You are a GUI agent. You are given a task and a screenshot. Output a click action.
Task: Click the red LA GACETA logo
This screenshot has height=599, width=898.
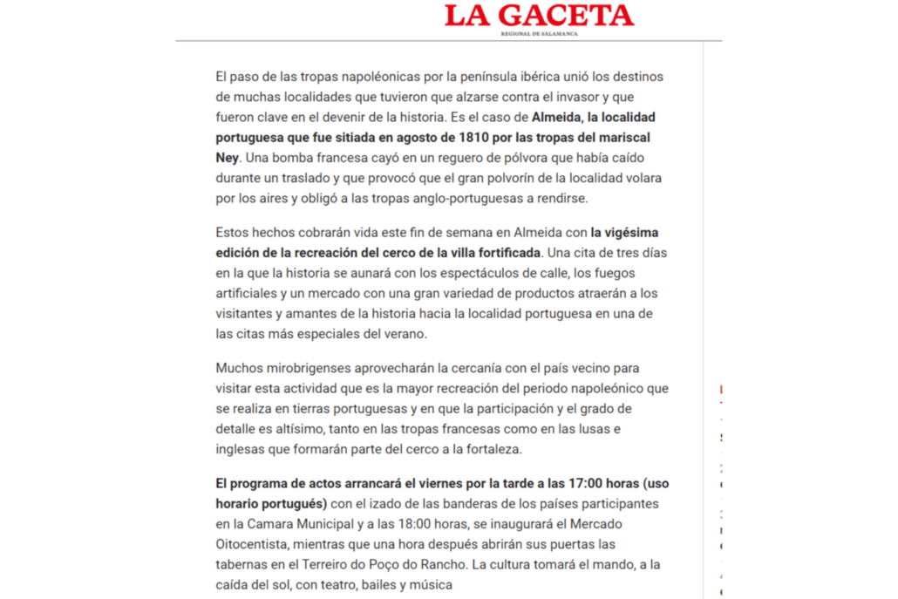pos(539,15)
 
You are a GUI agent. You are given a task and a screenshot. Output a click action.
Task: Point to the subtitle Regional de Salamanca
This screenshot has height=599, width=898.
pos(539,34)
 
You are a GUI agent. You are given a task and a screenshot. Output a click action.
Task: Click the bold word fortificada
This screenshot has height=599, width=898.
pos(503,253)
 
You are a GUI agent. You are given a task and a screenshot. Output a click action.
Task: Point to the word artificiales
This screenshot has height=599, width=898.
pos(248,293)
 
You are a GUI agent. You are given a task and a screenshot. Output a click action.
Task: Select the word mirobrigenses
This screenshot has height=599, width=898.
pos(301,368)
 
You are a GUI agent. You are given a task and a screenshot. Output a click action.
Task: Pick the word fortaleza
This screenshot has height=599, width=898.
pos(491,449)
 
